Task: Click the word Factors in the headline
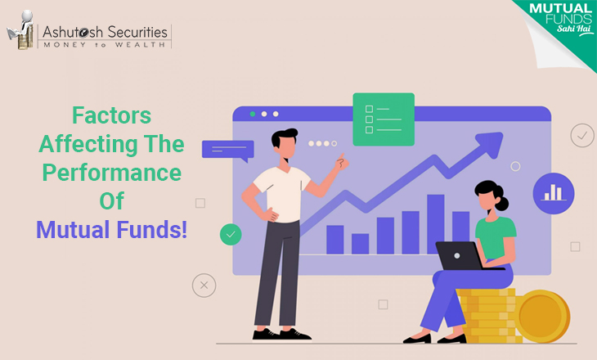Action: pos(111,115)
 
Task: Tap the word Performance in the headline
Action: pos(111,173)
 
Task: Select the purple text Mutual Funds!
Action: pos(111,229)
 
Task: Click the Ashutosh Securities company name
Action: pos(105,32)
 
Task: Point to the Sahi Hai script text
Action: pos(574,29)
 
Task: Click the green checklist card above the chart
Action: pos(384,119)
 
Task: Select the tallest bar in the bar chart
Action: pos(436,224)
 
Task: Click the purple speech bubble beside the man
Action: pos(227,150)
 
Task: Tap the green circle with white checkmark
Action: pos(231,234)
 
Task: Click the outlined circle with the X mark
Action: pos(204,286)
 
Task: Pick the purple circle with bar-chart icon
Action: pos(553,193)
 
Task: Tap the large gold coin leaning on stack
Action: pos(542,316)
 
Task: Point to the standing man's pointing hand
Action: pos(342,162)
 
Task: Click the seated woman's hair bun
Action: pos(501,204)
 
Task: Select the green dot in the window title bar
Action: pos(253,114)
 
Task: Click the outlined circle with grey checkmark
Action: pos(582,135)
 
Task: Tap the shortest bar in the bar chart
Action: pos(360,244)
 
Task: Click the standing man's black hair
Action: pos(283,137)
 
